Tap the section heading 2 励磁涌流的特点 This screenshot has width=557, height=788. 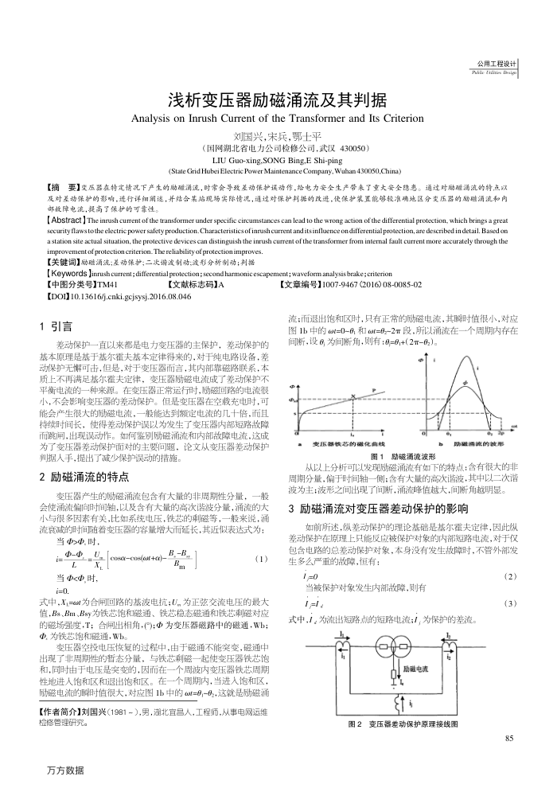(x=84, y=478)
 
